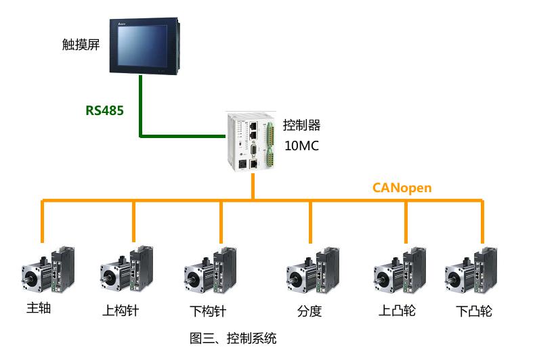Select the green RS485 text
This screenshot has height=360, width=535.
point(104,110)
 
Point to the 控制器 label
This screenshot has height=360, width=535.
point(302,125)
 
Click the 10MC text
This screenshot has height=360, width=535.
point(302,145)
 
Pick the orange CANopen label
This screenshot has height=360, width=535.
point(402,187)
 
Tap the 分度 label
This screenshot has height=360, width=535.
point(309,311)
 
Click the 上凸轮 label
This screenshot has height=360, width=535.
point(397,311)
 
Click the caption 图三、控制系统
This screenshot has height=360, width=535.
point(233,338)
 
